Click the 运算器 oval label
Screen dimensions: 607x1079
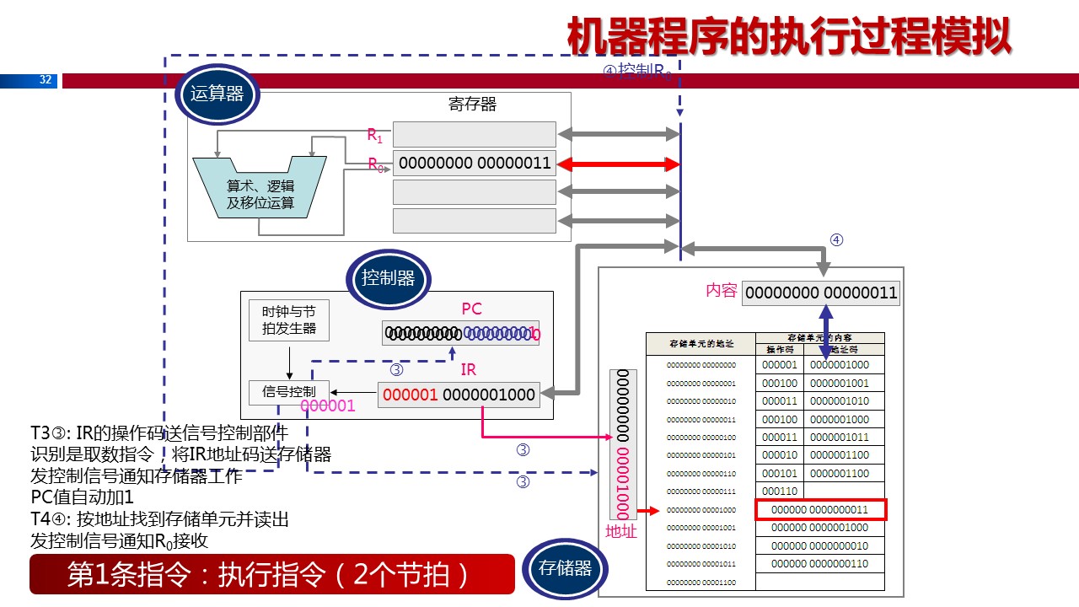[x=217, y=94]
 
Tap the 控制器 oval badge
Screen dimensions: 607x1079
[x=388, y=278]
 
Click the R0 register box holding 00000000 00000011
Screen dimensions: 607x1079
[x=475, y=164]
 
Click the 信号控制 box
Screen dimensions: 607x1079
[x=289, y=391]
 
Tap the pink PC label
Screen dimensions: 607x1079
[x=471, y=309]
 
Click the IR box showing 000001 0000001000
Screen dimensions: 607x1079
[x=459, y=395]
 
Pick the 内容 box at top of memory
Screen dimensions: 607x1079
[x=820, y=293]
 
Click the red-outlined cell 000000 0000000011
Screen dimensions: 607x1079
[x=820, y=510]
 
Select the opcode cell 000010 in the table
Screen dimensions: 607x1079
[x=779, y=455]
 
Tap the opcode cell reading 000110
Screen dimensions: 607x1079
[x=779, y=491]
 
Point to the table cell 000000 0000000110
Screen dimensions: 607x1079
[x=820, y=563]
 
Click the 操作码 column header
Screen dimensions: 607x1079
[x=779, y=348]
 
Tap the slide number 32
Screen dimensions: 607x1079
[x=46, y=81]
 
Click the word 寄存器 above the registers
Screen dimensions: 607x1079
[x=472, y=105]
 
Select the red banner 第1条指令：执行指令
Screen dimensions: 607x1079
[x=271, y=574]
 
